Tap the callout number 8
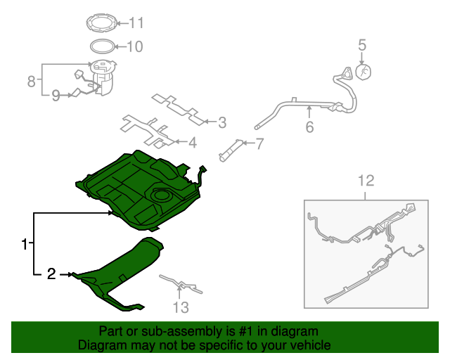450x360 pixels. [31, 82]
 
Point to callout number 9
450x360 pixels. [56, 96]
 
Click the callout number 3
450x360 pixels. [222, 122]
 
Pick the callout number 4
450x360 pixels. [191, 143]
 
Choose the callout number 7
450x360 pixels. [259, 145]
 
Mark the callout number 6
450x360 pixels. [309, 127]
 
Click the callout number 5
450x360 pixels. [362, 46]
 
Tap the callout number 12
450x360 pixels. [366, 181]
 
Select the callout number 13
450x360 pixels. [181, 307]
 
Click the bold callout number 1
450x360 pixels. [25, 245]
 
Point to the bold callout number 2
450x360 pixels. [51, 274]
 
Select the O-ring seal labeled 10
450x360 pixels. [103, 48]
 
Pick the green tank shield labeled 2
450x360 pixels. [123, 274]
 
